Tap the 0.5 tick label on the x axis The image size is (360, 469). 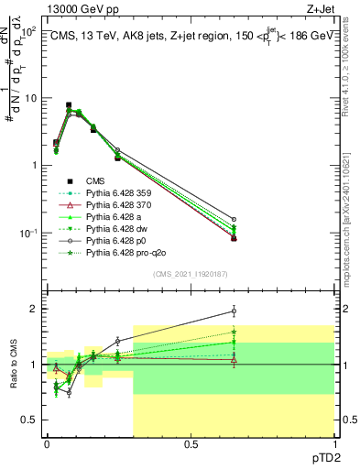coord(190,444)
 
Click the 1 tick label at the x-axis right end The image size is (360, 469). coord(334,444)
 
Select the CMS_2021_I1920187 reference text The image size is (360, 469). coord(191,273)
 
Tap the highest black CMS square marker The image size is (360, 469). coord(69,105)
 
